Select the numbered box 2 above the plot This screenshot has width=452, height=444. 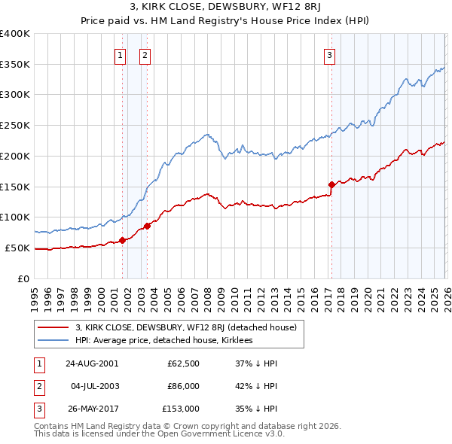click(145, 54)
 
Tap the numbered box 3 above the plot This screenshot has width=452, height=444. click(330, 54)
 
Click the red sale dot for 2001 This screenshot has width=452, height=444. click(122, 240)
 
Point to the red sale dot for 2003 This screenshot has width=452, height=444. click(147, 226)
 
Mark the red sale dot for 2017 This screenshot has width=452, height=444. click(331, 184)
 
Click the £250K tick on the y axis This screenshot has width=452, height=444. click(15, 125)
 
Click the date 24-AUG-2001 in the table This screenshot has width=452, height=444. click(91, 363)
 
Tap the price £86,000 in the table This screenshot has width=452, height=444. click(183, 386)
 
